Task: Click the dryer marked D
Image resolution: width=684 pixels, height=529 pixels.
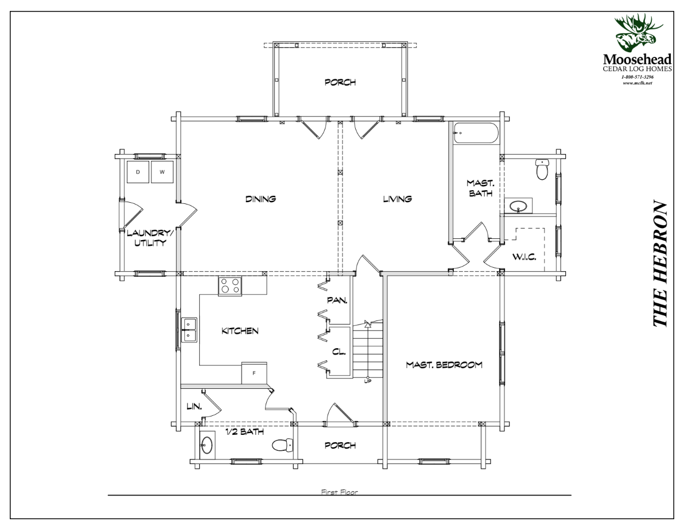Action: (x=137, y=172)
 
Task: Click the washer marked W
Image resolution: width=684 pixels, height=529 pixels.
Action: (x=162, y=172)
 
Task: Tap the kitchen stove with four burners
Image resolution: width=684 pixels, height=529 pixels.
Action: (x=230, y=286)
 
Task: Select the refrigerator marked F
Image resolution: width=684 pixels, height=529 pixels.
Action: (x=254, y=373)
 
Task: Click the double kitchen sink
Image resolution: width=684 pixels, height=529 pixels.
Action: (x=189, y=330)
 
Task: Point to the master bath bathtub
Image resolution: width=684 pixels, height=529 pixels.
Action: (x=475, y=133)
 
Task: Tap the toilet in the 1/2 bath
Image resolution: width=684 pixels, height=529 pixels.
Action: (x=282, y=445)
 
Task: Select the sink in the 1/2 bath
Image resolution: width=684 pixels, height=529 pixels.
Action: (x=207, y=445)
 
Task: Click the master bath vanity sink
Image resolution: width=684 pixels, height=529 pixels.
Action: (x=518, y=206)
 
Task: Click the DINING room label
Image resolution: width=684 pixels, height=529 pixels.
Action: (x=261, y=199)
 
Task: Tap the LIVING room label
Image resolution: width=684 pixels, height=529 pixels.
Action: (x=398, y=199)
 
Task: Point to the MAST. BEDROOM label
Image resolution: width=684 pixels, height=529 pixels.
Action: (x=444, y=365)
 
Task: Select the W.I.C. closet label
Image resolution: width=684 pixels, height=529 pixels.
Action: (x=524, y=257)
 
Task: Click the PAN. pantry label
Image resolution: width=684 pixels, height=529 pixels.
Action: (x=337, y=300)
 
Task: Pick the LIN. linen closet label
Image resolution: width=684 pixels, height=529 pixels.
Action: (x=194, y=406)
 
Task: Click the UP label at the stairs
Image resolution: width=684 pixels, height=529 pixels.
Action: (x=367, y=381)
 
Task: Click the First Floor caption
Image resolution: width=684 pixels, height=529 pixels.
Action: (x=339, y=492)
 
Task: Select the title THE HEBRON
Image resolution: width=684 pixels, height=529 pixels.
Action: (x=660, y=264)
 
